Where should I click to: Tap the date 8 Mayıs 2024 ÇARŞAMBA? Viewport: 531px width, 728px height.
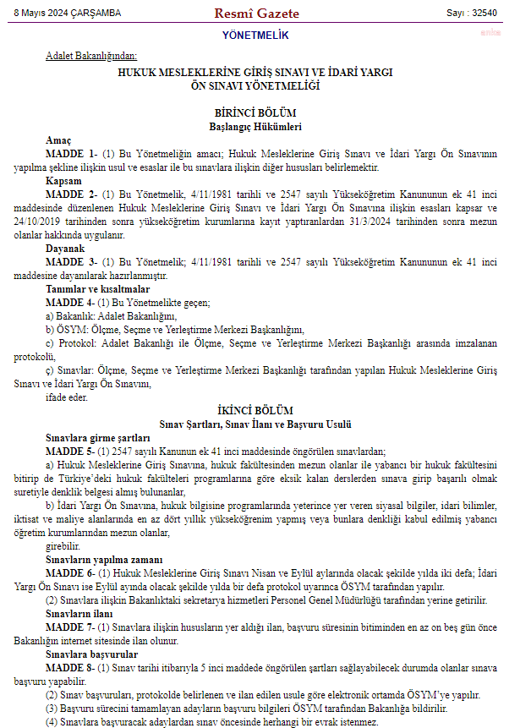[67, 14]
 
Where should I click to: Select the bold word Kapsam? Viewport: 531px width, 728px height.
[63, 182]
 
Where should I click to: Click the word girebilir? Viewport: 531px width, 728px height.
[64, 546]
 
